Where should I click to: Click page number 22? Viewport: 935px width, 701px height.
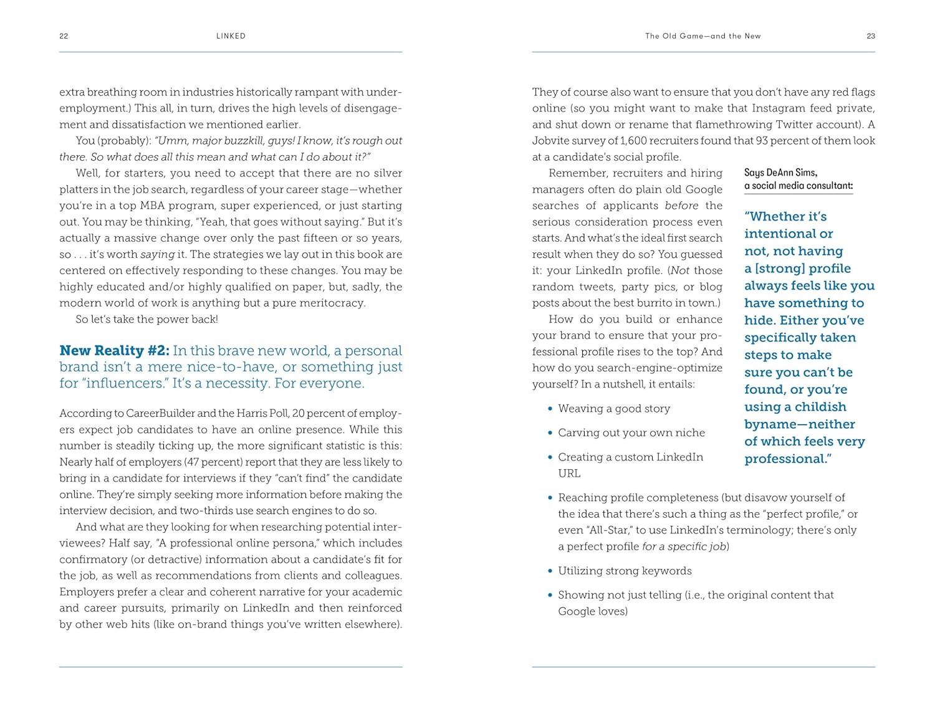pyautogui.click(x=64, y=36)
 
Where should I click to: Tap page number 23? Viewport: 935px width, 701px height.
pyautogui.click(x=871, y=36)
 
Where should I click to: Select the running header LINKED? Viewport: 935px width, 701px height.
pyautogui.click(x=231, y=36)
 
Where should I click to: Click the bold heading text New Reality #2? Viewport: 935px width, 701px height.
pyautogui.click(x=114, y=351)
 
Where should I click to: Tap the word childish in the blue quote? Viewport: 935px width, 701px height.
pyautogui.click(x=815, y=407)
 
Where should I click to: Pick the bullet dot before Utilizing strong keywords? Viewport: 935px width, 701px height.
pyautogui.click(x=550, y=571)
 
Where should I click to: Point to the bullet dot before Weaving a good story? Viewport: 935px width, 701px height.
pyautogui.click(x=550, y=409)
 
